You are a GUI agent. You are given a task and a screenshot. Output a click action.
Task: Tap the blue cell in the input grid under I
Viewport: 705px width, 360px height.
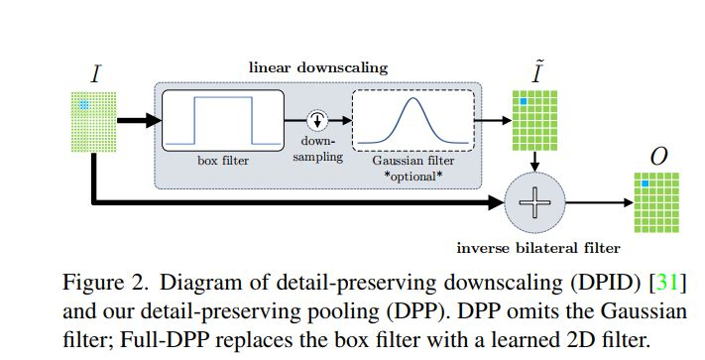(85, 103)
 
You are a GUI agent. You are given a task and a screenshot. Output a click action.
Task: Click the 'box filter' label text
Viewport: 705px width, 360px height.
(222, 159)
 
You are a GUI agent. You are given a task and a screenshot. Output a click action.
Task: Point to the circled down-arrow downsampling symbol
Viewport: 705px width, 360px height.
(318, 119)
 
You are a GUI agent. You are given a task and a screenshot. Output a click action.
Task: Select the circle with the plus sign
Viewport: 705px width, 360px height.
(534, 204)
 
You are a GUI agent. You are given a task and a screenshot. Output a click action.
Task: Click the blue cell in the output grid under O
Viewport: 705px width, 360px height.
(645, 184)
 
